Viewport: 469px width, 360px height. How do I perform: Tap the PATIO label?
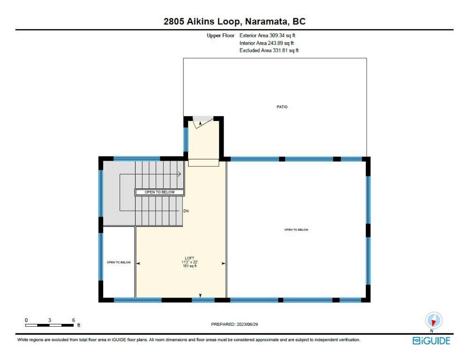tap(282, 107)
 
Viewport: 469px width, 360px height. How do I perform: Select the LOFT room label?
tap(189, 258)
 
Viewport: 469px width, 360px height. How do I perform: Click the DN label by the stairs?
tap(186, 211)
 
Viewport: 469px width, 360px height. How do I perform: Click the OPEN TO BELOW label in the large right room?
tap(296, 230)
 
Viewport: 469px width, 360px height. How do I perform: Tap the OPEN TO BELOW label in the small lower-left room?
tap(119, 262)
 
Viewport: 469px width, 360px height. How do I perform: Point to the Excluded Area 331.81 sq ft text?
tap(269, 50)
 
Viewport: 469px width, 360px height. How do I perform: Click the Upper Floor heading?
tap(220, 35)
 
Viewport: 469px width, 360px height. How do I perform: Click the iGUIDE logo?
tap(431, 341)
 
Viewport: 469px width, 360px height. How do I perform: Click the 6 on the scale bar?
tap(74, 320)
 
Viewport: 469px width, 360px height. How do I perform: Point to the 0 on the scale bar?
tap(26, 320)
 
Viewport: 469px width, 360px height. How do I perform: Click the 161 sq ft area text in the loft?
tap(189, 266)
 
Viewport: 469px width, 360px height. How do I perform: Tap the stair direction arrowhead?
tap(180, 174)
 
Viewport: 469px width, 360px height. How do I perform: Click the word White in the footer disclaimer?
tap(23, 339)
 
